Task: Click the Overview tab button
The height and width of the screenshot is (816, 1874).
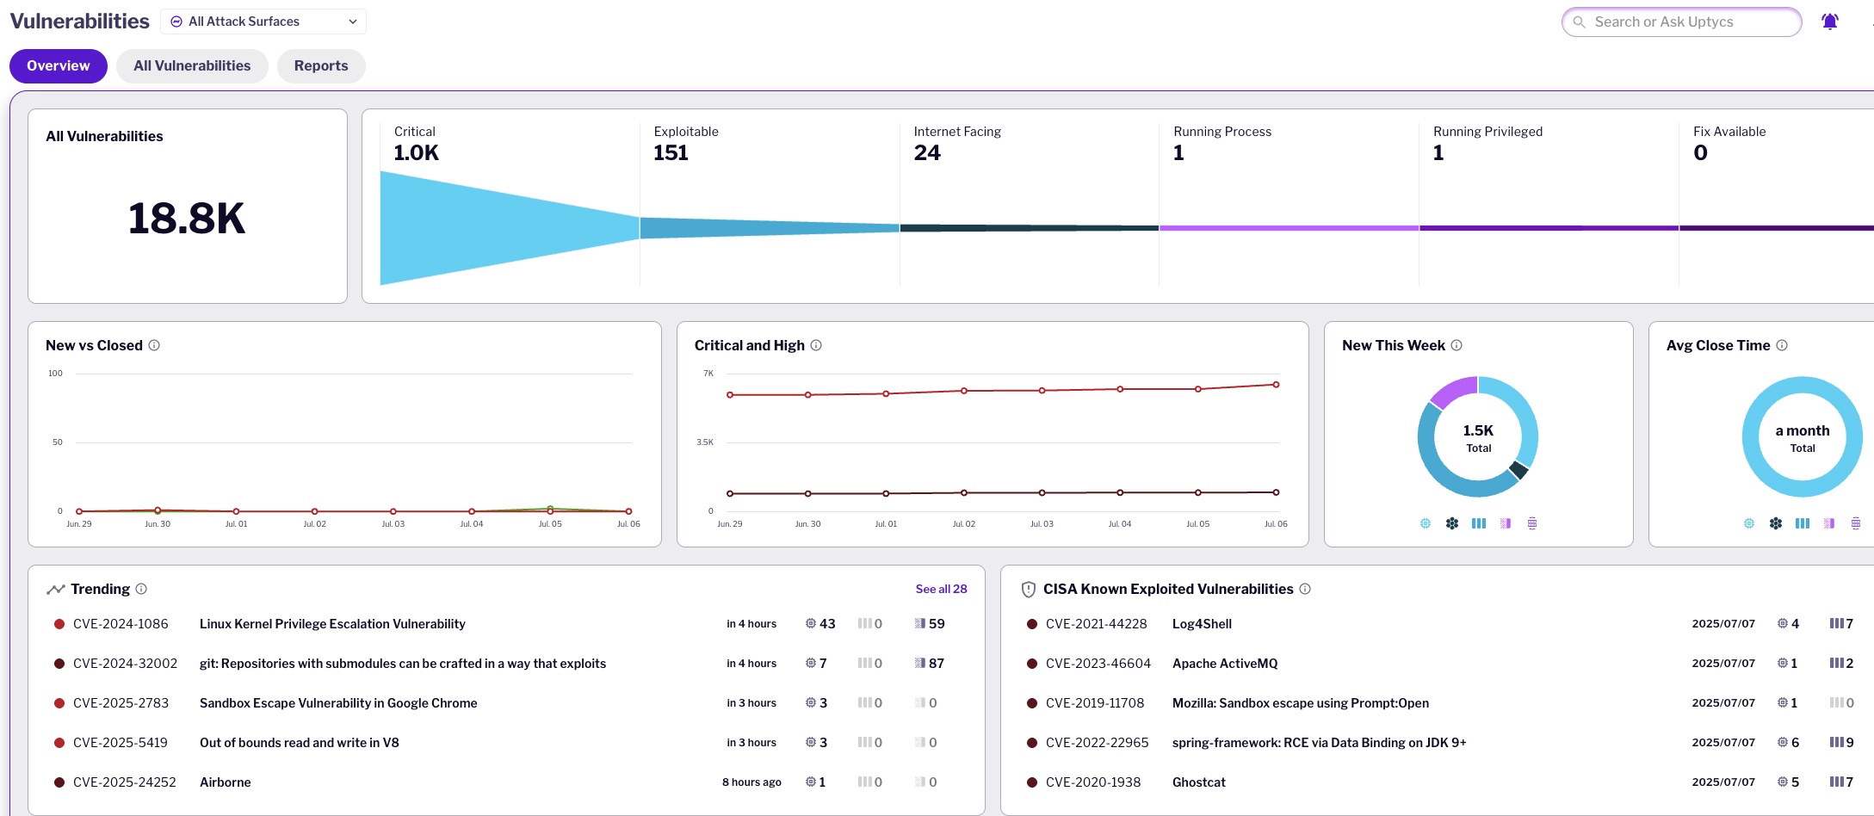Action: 58,66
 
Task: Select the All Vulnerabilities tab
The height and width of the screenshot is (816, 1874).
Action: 192,66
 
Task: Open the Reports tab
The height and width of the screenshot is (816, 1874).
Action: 321,66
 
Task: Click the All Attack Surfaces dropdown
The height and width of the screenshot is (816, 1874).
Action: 263,22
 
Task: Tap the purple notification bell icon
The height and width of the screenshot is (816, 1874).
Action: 1829,22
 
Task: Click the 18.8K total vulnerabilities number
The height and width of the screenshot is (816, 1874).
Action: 187,219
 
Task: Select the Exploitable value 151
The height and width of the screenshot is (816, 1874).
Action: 671,153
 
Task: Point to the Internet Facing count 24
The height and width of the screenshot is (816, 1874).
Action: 927,153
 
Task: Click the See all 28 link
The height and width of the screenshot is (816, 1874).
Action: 941,589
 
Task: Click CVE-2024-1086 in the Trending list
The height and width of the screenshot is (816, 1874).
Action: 121,624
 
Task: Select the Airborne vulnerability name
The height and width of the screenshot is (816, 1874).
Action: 226,782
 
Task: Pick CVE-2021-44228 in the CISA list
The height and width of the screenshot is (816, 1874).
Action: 1096,624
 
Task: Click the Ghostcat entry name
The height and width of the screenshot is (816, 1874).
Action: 1198,782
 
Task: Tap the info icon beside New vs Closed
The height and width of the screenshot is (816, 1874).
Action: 154,345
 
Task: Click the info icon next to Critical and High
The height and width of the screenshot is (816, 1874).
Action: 816,345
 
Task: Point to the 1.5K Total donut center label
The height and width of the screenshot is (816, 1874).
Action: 1478,437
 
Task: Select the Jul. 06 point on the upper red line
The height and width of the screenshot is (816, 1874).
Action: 1276,385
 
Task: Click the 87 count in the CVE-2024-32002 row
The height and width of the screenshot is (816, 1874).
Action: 936,664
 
